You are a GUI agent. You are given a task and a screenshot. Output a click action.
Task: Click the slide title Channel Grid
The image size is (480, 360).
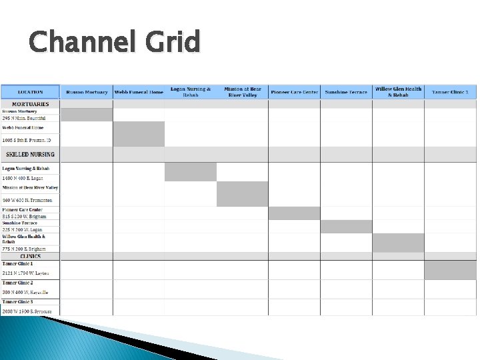[x=114, y=42]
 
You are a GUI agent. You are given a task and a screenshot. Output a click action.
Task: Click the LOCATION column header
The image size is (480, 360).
[x=31, y=92]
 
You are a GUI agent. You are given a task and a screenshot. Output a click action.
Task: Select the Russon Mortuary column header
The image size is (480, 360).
[x=87, y=92]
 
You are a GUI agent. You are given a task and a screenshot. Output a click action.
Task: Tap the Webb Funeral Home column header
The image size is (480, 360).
[x=139, y=92]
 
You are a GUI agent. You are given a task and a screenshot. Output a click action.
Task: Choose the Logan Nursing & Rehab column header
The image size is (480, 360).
[x=191, y=92]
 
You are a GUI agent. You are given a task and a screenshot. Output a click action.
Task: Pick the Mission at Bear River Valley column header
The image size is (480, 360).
[x=243, y=92]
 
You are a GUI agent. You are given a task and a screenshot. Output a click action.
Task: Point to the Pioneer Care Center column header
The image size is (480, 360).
[x=294, y=92]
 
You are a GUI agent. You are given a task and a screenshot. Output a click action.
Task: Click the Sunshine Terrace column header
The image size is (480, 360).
[x=346, y=92]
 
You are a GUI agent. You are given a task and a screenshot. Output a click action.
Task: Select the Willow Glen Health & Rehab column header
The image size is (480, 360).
[x=398, y=92]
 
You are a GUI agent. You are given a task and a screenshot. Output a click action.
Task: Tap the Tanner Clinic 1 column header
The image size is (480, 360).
[x=450, y=92]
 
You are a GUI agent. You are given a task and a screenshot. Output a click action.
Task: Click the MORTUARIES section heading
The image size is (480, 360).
[x=31, y=104]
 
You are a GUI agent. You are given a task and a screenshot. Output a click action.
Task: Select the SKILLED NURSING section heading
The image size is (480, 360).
[x=31, y=155]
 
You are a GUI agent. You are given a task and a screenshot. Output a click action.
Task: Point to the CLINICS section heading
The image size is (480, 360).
[x=31, y=256]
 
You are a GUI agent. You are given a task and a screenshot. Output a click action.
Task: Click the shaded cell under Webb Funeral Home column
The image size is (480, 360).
[x=139, y=134]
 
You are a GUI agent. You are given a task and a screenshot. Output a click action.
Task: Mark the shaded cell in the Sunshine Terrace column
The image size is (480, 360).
[x=346, y=227]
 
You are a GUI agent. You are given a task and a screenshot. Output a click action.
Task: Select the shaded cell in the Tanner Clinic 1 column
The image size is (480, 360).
[x=450, y=270]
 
